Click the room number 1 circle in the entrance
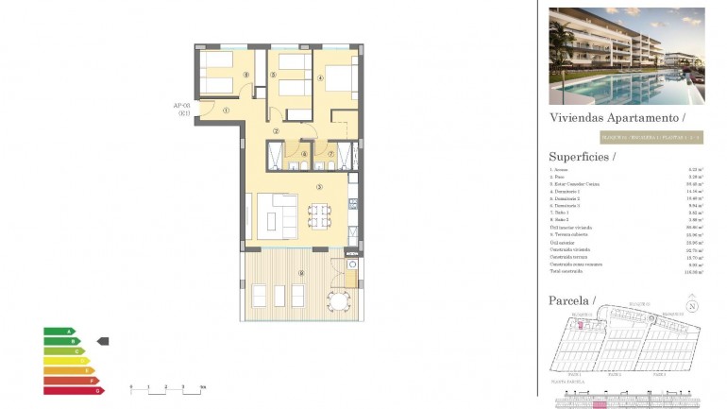pyautogui.click(x=227, y=111)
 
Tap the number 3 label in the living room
pyautogui.click(x=320, y=186)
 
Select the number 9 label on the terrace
pyautogui.click(x=300, y=274)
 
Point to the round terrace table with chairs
pyautogui.click(x=337, y=300)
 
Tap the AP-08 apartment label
pyautogui.click(x=182, y=110)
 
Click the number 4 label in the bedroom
pyautogui.click(x=318, y=79)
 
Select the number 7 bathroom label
pyautogui.click(x=330, y=153)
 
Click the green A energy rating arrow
pyautogui.click(x=59, y=332)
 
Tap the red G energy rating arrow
pyautogui.click(x=73, y=390)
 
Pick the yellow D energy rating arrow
pyautogui.click(x=65, y=361)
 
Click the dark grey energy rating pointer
pyautogui.click(x=103, y=341)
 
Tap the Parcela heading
pyautogui.click(x=572, y=300)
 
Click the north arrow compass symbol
pyautogui.click(x=693, y=305)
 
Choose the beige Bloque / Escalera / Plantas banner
pyautogui.click(x=626, y=137)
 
